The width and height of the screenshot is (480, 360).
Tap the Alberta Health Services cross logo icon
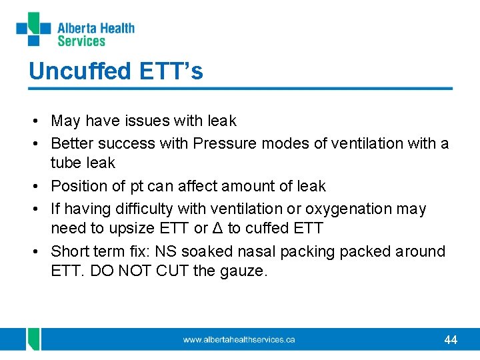(33, 29)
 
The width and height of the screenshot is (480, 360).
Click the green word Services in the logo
(81, 41)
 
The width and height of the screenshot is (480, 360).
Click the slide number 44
(451, 340)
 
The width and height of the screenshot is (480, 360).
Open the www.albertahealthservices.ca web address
(239, 340)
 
